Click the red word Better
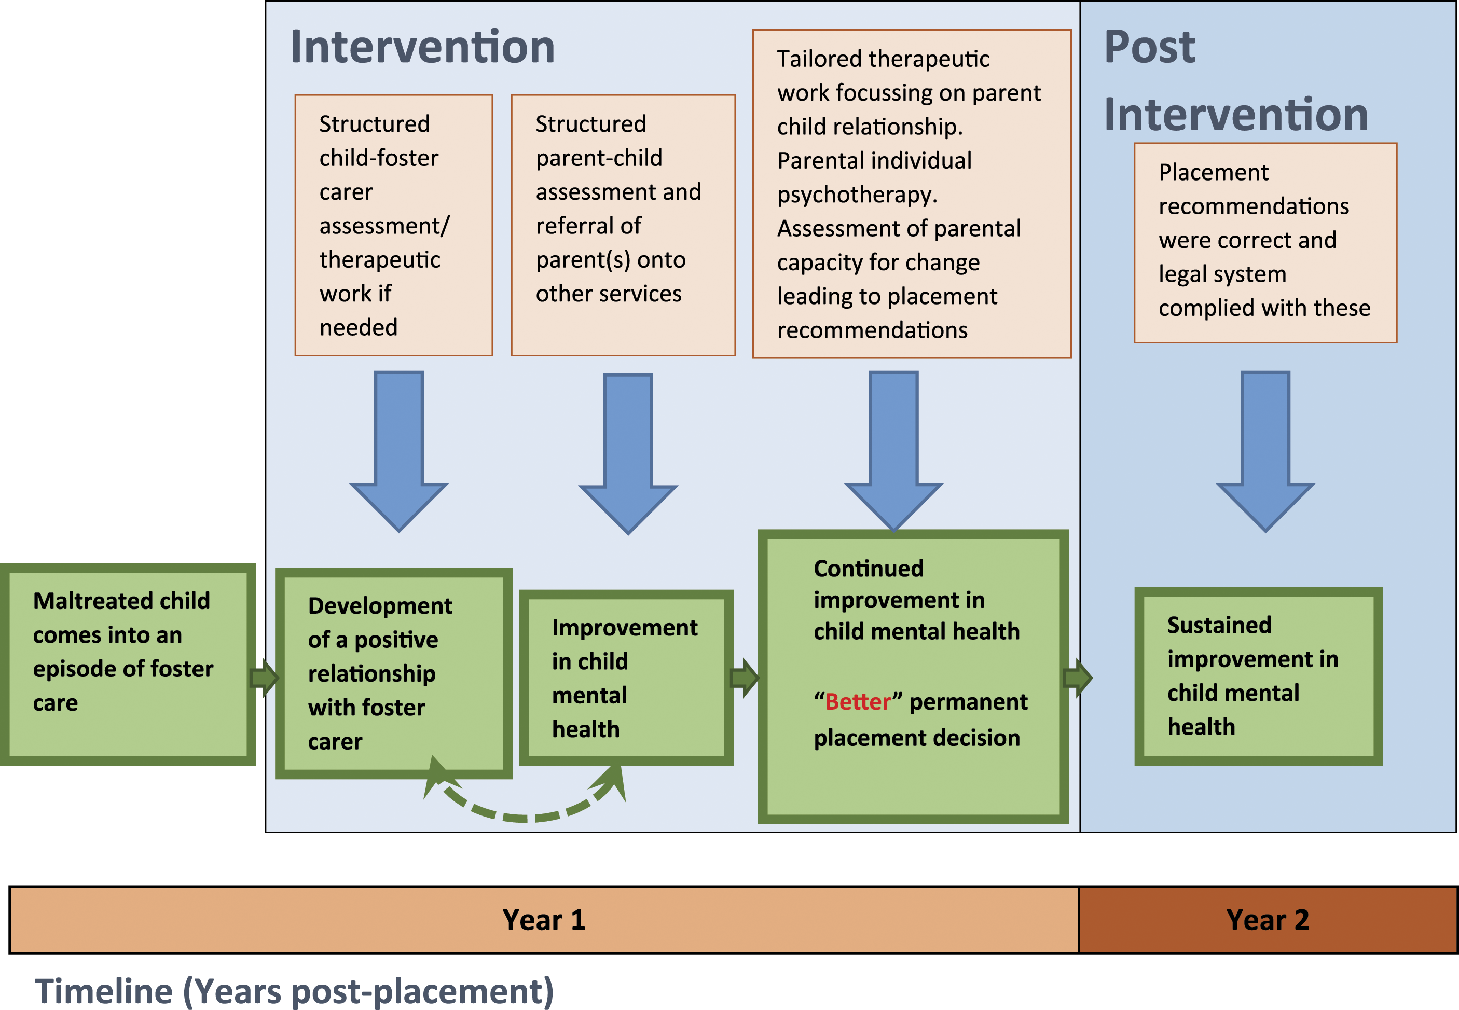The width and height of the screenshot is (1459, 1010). (858, 701)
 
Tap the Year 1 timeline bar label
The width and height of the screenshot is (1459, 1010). (544, 920)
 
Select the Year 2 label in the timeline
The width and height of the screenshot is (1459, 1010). (1267, 920)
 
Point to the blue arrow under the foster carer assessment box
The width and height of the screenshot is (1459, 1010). (399, 451)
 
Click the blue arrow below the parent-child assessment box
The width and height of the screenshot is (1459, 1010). (628, 454)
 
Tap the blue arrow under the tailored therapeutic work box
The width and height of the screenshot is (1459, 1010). (894, 451)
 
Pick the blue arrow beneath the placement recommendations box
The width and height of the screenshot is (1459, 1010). (1265, 451)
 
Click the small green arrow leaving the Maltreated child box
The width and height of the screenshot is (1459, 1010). (265, 678)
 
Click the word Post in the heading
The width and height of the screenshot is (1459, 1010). (1149, 47)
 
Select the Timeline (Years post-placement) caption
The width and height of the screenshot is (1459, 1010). (294, 991)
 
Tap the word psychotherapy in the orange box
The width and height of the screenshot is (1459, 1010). (857, 195)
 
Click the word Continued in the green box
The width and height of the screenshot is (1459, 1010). (869, 568)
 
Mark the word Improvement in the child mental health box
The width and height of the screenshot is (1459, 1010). (625, 628)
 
